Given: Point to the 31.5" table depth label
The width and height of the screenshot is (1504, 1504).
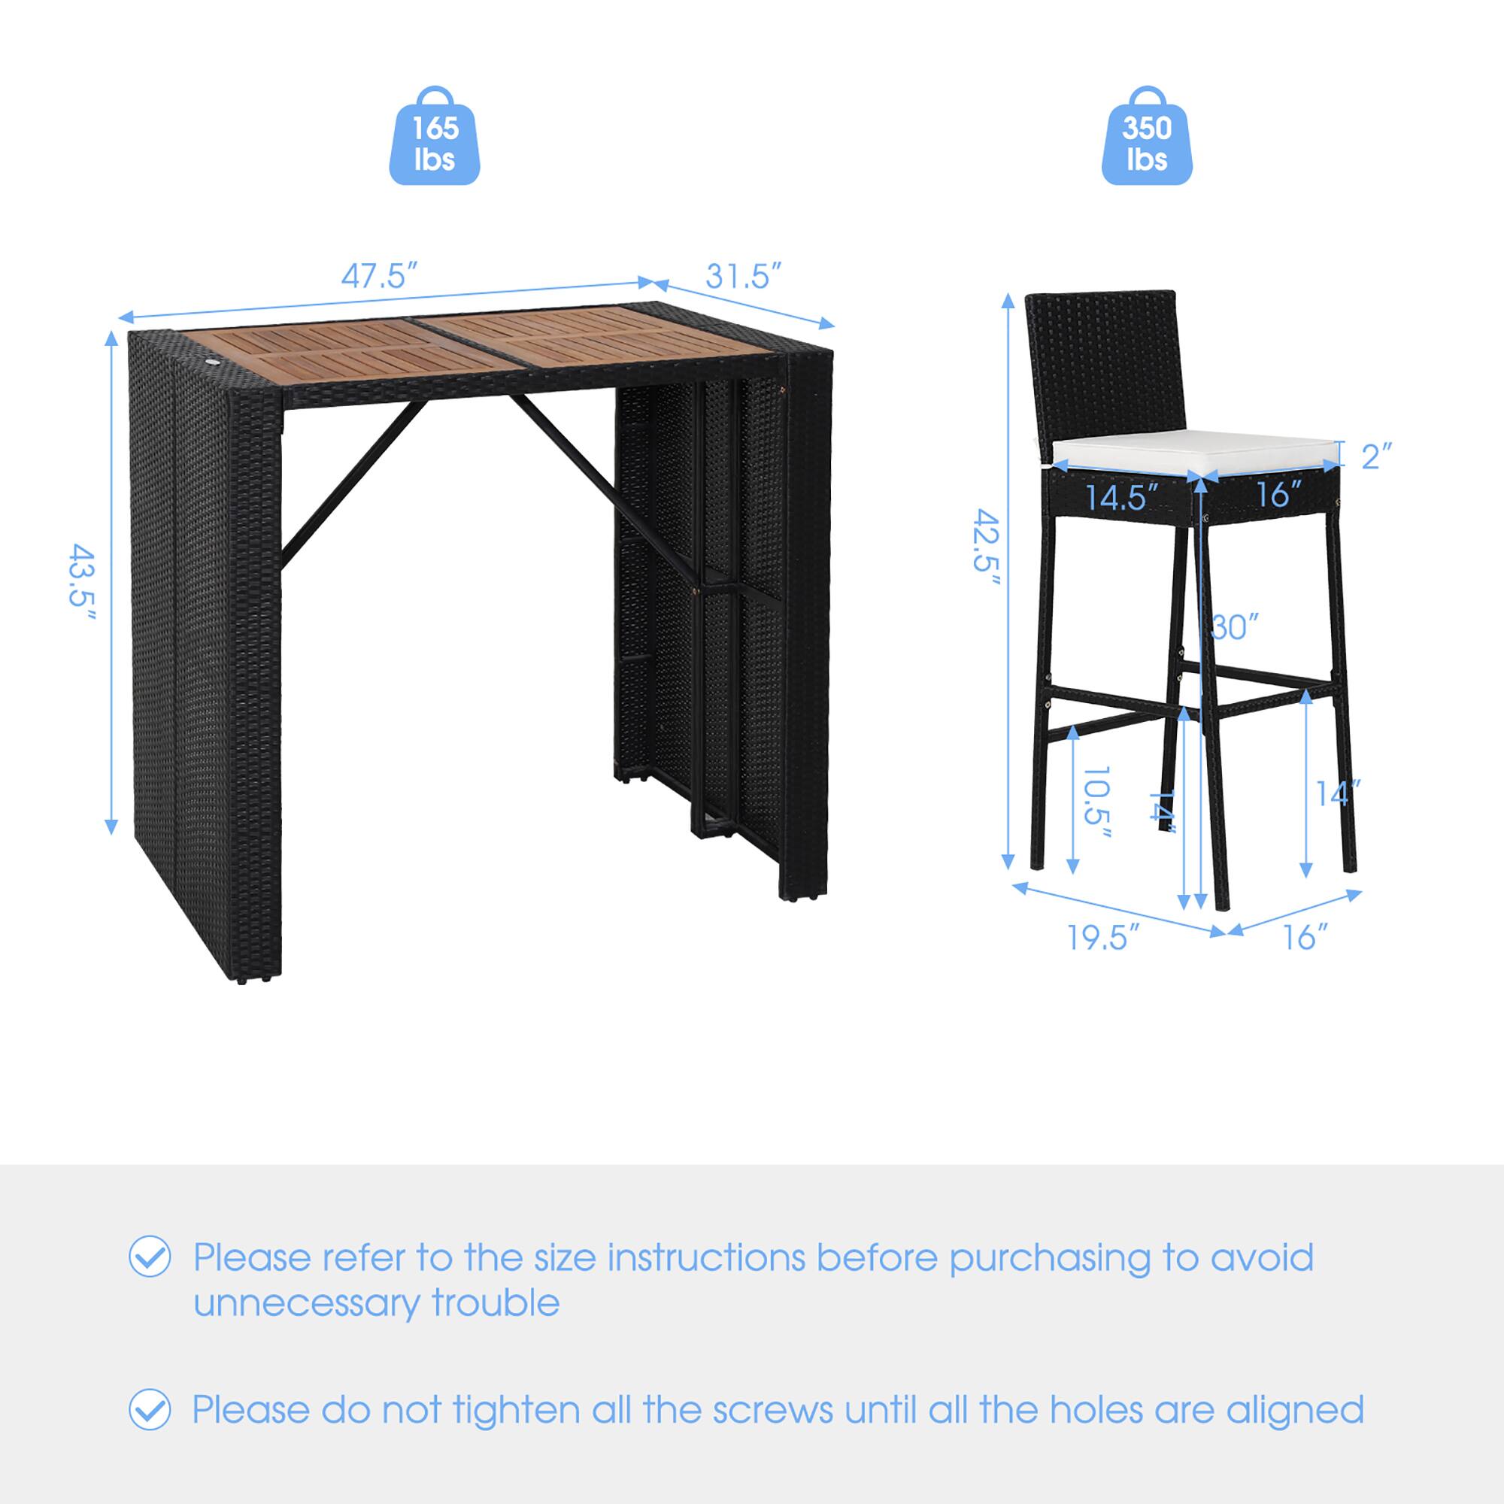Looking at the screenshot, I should [x=743, y=274].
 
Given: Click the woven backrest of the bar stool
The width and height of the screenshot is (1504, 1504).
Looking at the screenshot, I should [x=1101, y=358].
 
